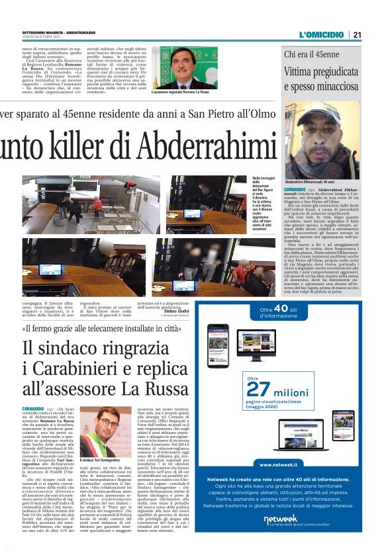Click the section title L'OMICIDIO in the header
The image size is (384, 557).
322,34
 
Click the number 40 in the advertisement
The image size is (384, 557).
280,308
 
